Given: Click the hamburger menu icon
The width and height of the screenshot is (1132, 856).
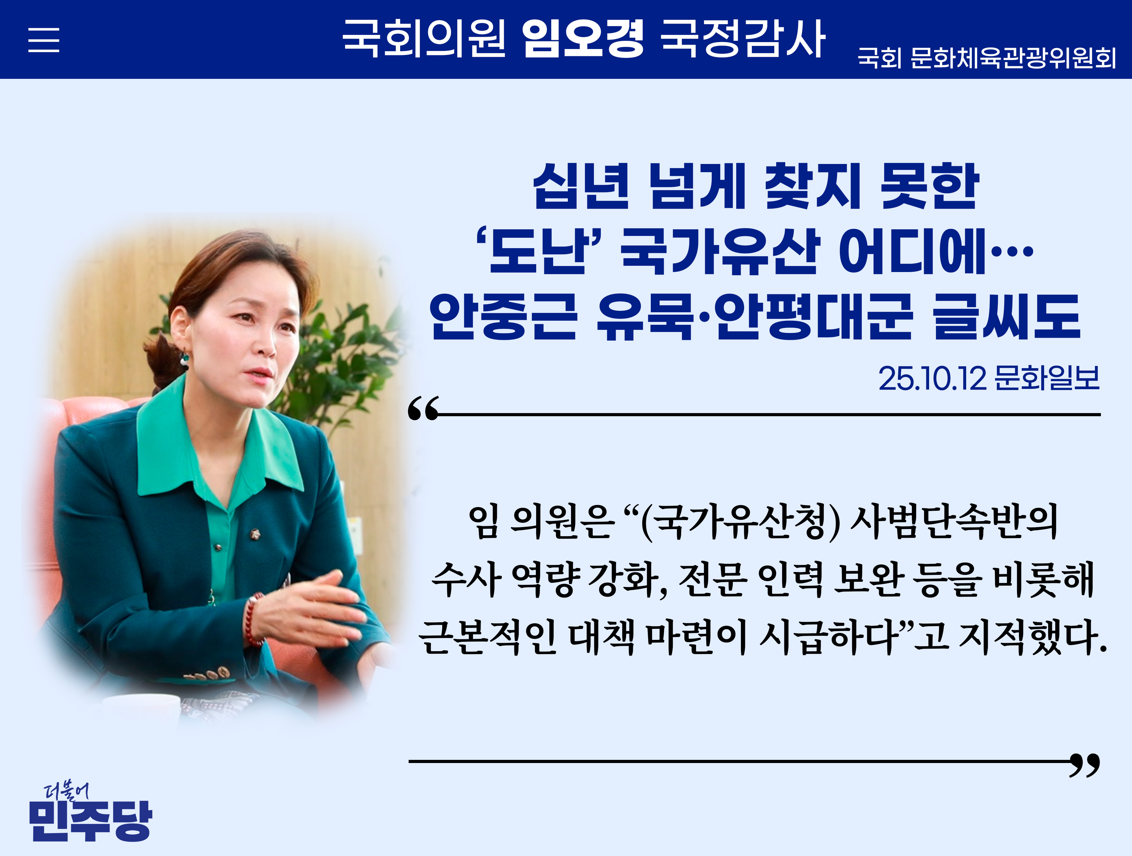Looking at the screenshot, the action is pyautogui.click(x=43, y=40).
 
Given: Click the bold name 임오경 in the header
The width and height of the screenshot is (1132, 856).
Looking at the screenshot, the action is pyautogui.click(x=582, y=38).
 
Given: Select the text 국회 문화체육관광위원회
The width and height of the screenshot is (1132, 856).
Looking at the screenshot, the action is pyautogui.click(x=987, y=58).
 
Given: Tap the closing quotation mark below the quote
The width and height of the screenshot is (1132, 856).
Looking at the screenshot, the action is pyautogui.click(x=1085, y=765).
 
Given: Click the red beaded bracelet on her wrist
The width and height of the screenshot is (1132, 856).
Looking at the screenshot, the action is pyautogui.click(x=253, y=619).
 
